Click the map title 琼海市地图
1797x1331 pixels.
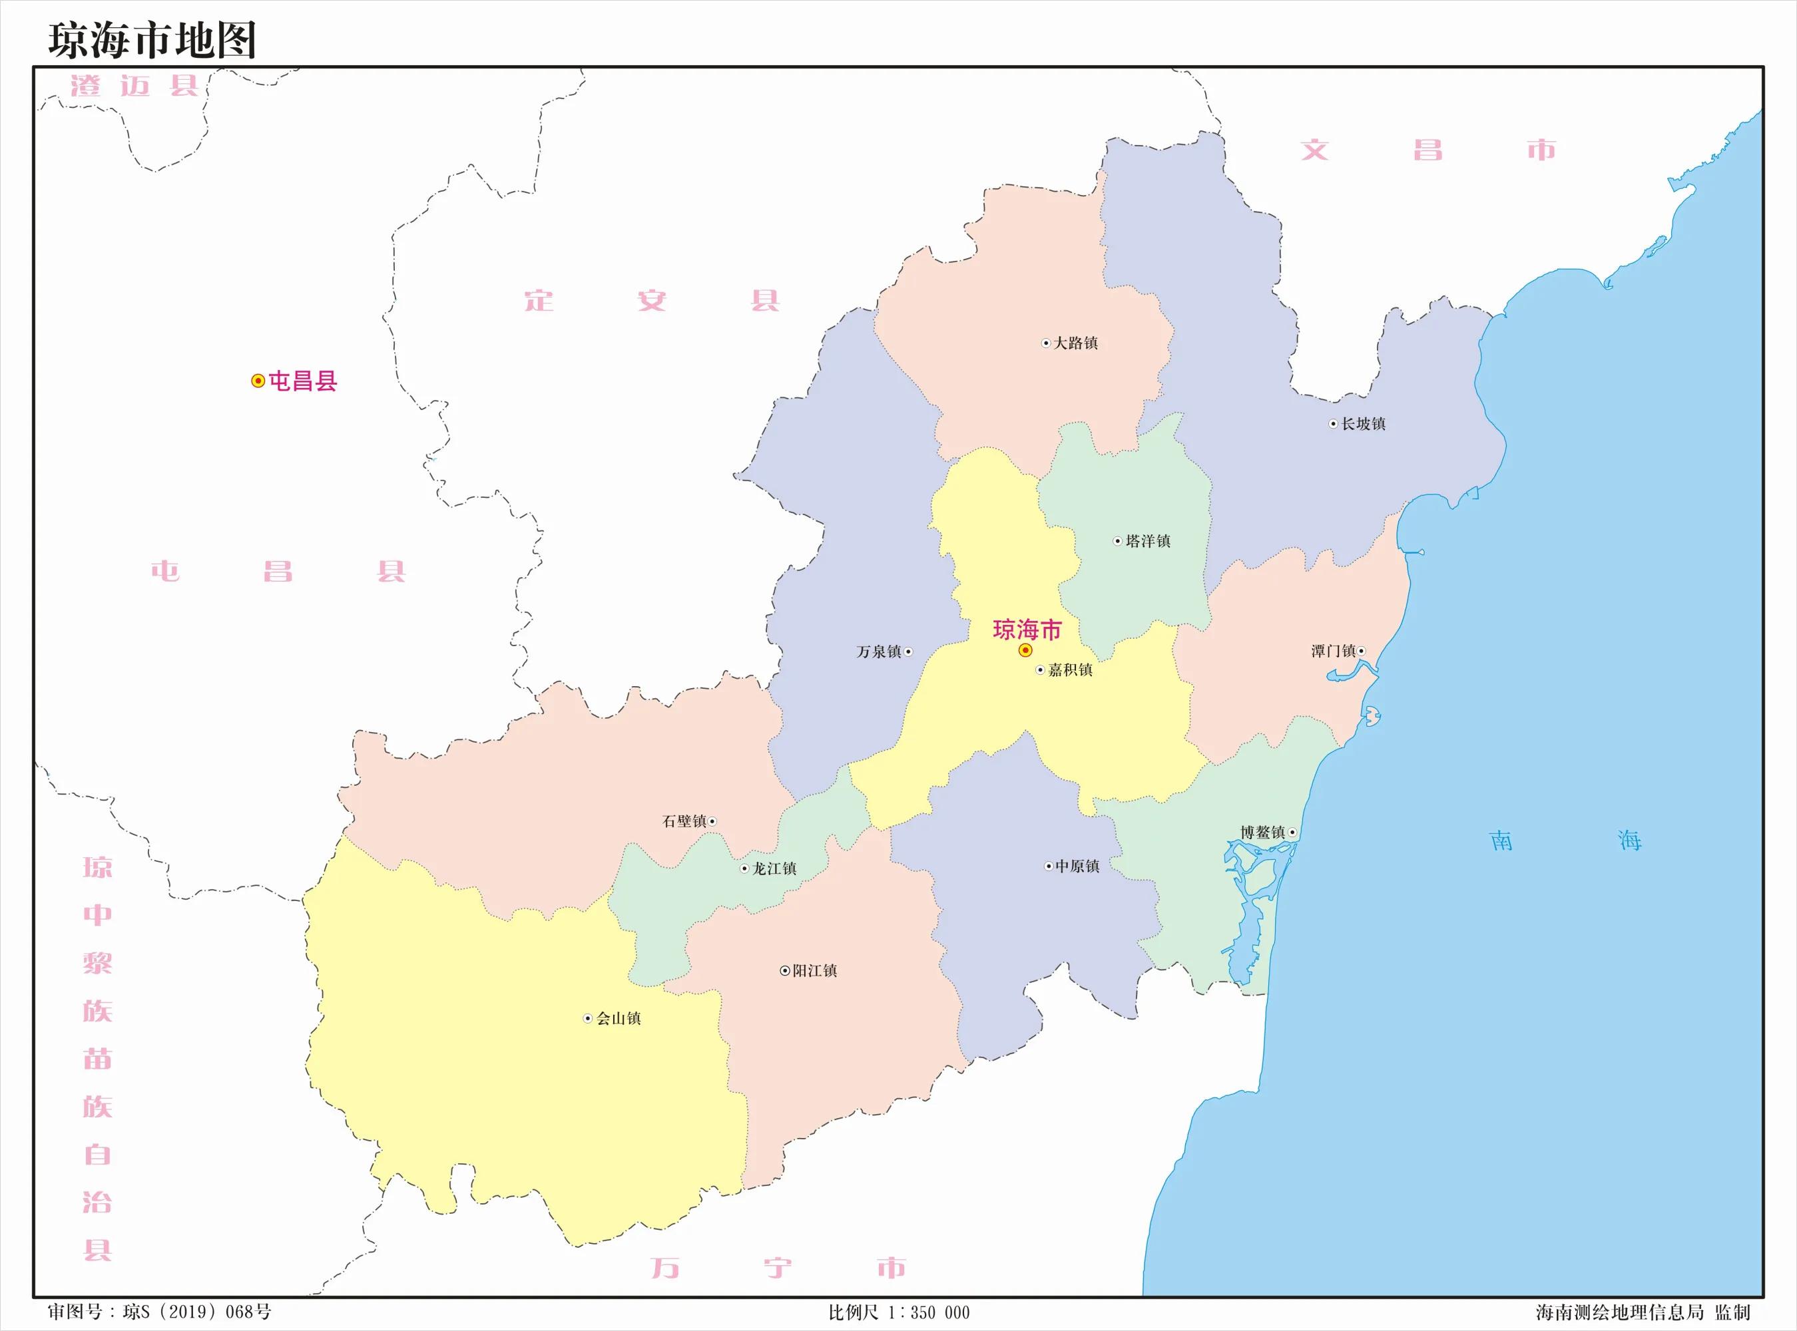(x=152, y=41)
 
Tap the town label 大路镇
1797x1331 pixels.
(x=1076, y=343)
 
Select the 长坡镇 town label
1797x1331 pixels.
(x=1363, y=424)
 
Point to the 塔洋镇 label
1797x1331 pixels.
(x=1147, y=542)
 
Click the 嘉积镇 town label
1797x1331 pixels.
(x=1070, y=670)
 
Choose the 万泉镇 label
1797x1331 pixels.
(x=879, y=652)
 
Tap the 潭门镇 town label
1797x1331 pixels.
(x=1333, y=651)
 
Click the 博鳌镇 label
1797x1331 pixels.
(x=1263, y=833)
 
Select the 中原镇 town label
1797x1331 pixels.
(x=1077, y=866)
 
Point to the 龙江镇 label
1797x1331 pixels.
(x=774, y=868)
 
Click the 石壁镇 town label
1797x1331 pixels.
(x=684, y=821)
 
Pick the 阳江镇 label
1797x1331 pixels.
(x=815, y=971)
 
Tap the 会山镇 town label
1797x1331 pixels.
(x=618, y=1018)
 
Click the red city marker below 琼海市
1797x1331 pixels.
(x=1025, y=650)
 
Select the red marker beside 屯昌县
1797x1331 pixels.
(x=258, y=381)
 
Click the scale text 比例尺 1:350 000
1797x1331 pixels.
(x=899, y=1312)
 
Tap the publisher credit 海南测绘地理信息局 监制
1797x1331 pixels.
(x=1641, y=1312)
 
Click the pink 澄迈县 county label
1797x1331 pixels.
(x=134, y=85)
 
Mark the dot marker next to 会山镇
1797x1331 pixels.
(x=587, y=1018)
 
